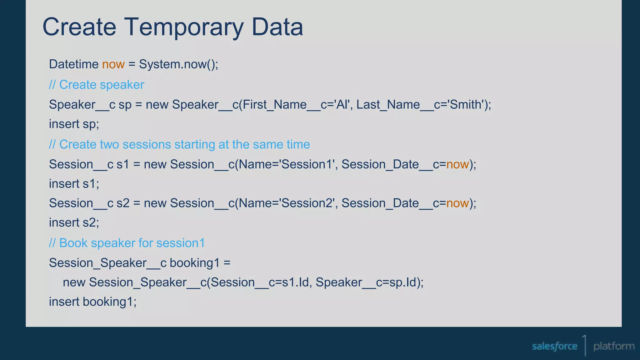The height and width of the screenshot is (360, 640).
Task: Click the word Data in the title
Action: pyautogui.click(x=277, y=27)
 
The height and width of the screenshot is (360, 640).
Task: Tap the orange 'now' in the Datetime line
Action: pyautogui.click(x=113, y=64)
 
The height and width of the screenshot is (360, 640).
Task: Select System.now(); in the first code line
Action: pyautogui.click(x=178, y=64)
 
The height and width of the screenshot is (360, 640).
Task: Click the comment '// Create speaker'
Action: pyautogui.click(x=96, y=85)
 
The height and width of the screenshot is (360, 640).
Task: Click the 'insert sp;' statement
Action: pyautogui.click(x=74, y=124)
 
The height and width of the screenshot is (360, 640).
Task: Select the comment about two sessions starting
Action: pyautogui.click(x=179, y=144)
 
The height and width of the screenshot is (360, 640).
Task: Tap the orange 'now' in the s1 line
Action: pyautogui.click(x=457, y=164)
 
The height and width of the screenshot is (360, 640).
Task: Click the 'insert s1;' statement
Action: pyautogui.click(x=74, y=184)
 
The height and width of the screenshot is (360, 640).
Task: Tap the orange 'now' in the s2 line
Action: pyautogui.click(x=457, y=203)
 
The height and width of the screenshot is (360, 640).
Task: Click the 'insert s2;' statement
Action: pyautogui.click(x=74, y=222)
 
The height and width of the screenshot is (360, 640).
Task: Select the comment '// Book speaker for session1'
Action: pyautogui.click(x=127, y=243)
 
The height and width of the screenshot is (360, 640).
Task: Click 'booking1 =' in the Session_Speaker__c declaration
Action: pyautogui.click(x=200, y=263)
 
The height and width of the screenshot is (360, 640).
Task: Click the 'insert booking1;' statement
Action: pyautogui.click(x=93, y=302)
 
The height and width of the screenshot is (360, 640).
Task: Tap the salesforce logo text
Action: pyautogui.click(x=554, y=346)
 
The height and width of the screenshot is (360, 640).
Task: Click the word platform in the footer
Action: pyautogui.click(x=614, y=346)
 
